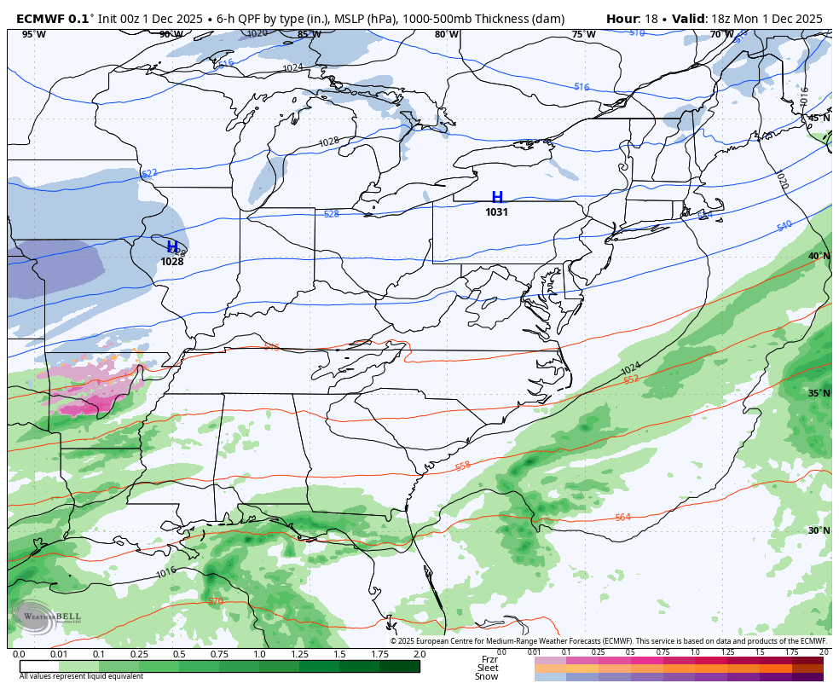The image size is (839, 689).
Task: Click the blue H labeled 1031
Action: (x=497, y=198)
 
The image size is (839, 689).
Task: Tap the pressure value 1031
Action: (x=497, y=212)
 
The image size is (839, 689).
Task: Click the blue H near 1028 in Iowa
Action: (x=172, y=246)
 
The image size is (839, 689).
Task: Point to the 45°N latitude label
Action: (x=819, y=119)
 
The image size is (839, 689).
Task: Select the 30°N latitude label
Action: (x=819, y=530)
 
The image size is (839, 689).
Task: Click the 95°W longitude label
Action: (x=33, y=35)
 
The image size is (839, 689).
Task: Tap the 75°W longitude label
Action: (x=583, y=35)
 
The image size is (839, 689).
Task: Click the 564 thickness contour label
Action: (x=623, y=518)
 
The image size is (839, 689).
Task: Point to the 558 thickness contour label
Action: (x=463, y=466)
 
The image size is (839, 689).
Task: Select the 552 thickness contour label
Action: (x=631, y=379)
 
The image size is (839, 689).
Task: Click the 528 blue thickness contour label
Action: (x=332, y=214)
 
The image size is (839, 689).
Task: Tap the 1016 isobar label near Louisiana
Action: (x=166, y=572)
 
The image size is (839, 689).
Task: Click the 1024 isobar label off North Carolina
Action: (x=630, y=368)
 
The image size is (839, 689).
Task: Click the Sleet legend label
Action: (x=488, y=669)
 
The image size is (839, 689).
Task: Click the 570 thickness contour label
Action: (x=216, y=602)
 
